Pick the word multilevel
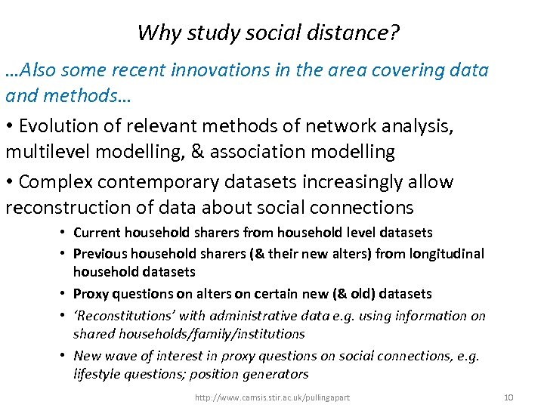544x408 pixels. coord(51,152)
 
